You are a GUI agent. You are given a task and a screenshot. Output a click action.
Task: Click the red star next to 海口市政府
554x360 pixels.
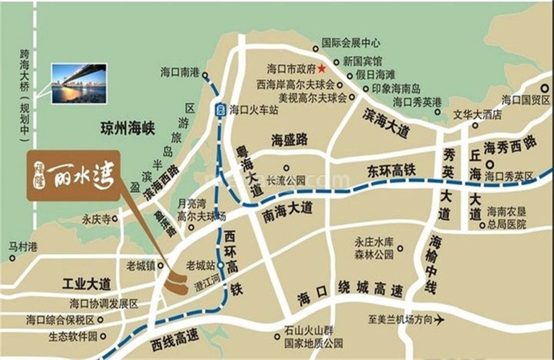pos(322,69)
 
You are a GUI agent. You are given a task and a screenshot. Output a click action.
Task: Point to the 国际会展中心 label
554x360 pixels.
pos(351,42)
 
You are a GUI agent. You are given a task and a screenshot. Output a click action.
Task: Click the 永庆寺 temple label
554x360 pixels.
pos(99,218)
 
